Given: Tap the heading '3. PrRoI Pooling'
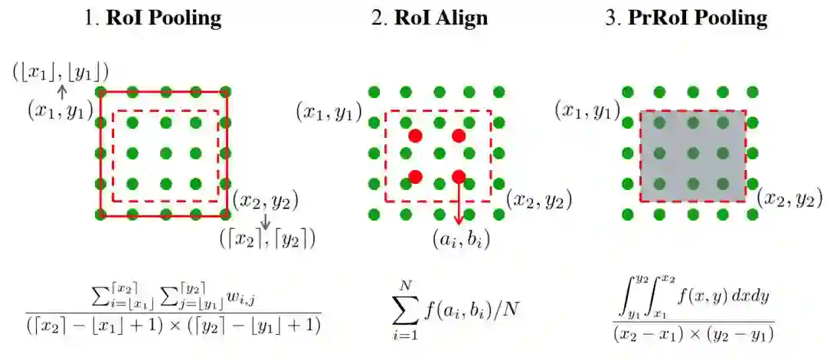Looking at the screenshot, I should [x=685, y=18].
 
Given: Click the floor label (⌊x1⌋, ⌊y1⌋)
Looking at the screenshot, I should [x=60, y=72].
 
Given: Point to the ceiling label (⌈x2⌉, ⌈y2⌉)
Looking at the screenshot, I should [x=266, y=239].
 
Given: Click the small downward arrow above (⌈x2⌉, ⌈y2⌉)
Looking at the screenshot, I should [x=266, y=221].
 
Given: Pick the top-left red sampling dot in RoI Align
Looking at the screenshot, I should [x=416, y=136].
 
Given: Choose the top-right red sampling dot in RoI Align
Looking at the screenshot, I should [x=459, y=136].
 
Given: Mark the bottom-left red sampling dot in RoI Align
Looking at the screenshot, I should [x=416, y=177].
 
